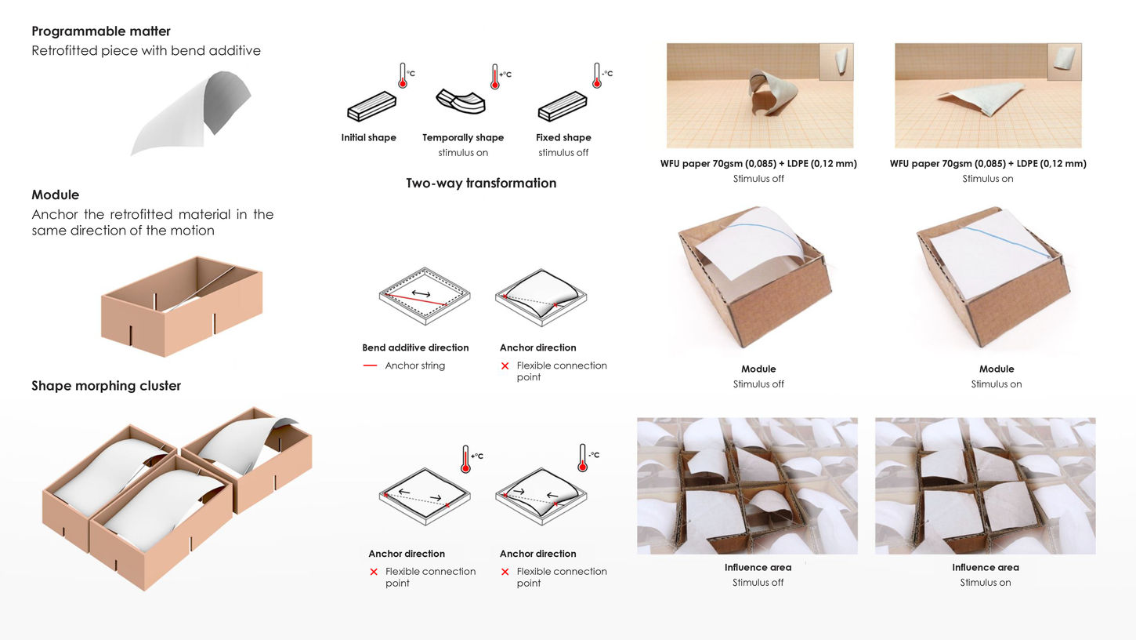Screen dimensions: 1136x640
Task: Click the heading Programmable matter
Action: [x=101, y=31]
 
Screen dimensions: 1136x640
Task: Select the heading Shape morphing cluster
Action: [x=106, y=386]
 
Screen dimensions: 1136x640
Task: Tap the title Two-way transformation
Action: [x=481, y=184]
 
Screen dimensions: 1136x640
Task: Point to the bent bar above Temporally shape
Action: [x=461, y=101]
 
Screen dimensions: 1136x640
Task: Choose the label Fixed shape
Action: [x=563, y=138]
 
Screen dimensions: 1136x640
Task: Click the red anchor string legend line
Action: [x=371, y=365]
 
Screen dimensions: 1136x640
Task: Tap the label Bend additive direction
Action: [x=415, y=347]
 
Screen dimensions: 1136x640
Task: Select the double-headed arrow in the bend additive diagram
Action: [x=421, y=293]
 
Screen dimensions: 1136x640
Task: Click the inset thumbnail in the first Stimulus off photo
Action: [x=836, y=62]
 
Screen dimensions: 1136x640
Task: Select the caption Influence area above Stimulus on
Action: [x=985, y=568]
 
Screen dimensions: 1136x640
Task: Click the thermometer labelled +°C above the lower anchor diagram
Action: [x=466, y=459]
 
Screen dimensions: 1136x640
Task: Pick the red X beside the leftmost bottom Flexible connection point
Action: [x=374, y=572]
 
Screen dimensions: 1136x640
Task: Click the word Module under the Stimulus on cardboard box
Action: [x=996, y=369]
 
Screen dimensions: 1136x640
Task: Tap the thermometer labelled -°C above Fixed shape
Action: [x=598, y=76]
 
